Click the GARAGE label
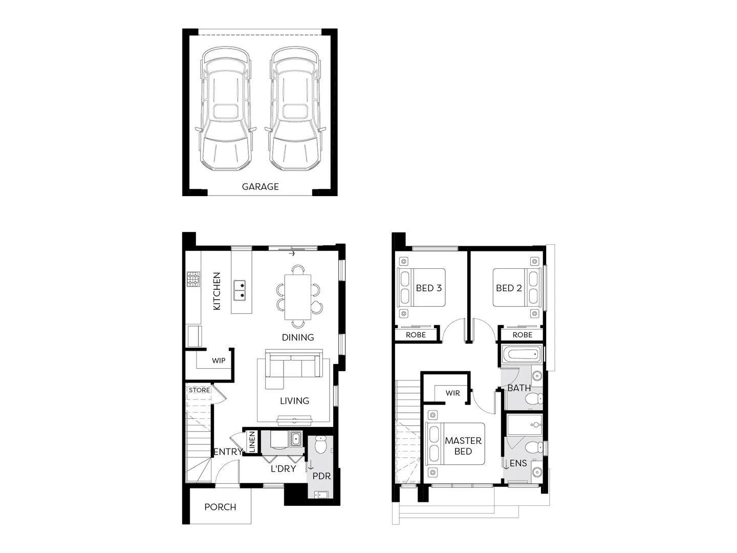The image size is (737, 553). (260, 187)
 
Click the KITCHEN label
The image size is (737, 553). (216, 291)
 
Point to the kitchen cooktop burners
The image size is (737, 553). (193, 279)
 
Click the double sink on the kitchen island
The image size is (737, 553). (239, 290)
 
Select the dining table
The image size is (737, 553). (297, 297)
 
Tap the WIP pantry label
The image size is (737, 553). (219, 360)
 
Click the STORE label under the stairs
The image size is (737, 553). (199, 390)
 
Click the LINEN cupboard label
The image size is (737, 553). (251, 442)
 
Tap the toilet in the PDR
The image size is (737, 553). (321, 445)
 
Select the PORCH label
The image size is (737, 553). (220, 507)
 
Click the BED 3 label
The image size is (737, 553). (428, 288)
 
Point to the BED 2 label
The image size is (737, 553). (509, 288)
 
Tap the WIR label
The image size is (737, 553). (452, 393)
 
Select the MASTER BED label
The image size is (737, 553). (463, 446)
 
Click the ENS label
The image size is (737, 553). (518, 463)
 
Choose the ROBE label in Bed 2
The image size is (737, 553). (522, 335)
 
